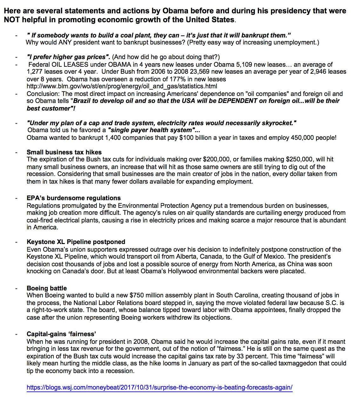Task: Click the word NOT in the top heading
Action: (12, 20)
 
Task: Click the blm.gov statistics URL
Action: (122, 86)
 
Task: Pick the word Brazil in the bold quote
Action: (83, 101)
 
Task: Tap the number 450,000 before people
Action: (302, 138)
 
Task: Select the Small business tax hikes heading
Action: (64, 152)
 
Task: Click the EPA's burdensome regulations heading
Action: (74, 198)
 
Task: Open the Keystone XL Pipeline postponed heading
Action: (76, 242)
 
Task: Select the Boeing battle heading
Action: (47, 288)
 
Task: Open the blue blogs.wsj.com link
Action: (159, 388)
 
